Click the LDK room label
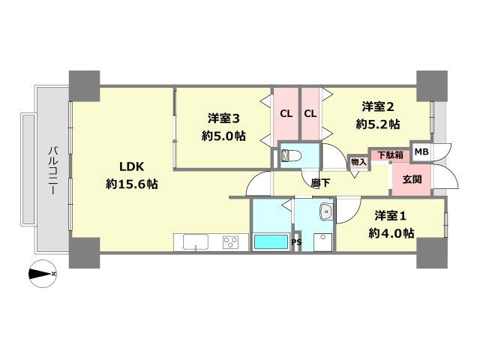125,166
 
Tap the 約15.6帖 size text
131,184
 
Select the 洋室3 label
223,118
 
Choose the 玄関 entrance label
412,179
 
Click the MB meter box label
421,152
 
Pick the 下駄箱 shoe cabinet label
390,155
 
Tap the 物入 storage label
358,162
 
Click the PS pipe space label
295,242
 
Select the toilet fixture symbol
290,157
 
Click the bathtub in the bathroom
269,242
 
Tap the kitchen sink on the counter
196,241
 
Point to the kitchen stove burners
229,241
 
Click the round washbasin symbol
325,212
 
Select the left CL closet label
286,114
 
